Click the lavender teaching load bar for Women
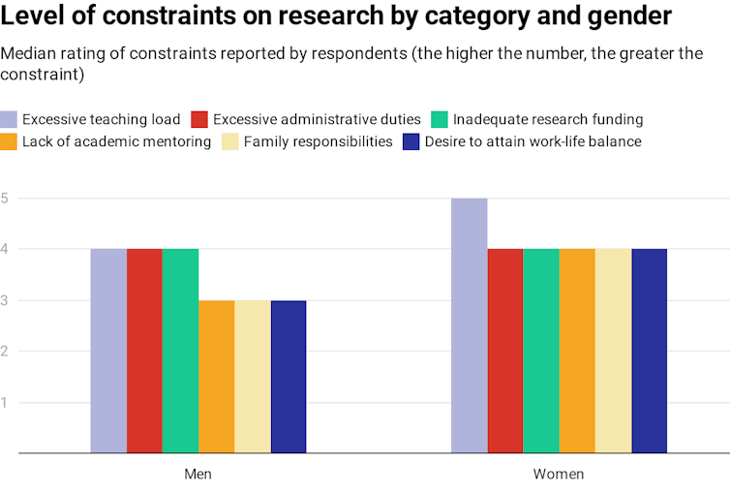pos(470,325)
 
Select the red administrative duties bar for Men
pos(144,351)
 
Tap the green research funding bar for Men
pos(180,351)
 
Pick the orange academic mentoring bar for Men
pos(217,376)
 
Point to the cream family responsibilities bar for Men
pos(253,376)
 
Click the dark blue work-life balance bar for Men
pos(289,376)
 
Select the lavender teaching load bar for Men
pos(108,351)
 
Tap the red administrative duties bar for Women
pos(505,351)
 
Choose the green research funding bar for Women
pos(541,351)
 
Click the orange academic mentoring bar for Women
pos(577,351)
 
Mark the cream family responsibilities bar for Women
pos(614,351)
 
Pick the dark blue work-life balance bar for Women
pos(650,351)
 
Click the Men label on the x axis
pos(198,475)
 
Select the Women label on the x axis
pos(559,475)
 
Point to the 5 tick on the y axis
pos(5,199)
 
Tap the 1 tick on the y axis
pos(5,402)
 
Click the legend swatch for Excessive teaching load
pos(9,119)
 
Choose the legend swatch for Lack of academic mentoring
pos(9,141)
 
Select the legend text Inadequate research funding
pos(548,119)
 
